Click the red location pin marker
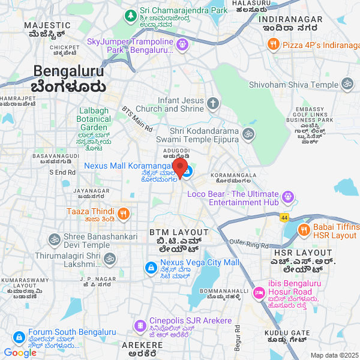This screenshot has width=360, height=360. pos(180,167)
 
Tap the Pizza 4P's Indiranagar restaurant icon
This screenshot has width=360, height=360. pos(273,44)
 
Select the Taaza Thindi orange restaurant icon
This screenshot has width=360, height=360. pos(123,213)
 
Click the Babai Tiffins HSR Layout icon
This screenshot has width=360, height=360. pos(304,229)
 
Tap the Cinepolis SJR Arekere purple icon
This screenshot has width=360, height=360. pos(140,326)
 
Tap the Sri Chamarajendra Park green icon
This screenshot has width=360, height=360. pos(131,14)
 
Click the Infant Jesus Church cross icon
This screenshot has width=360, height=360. pos(213,104)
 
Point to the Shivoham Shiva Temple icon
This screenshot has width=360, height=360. pos(347,85)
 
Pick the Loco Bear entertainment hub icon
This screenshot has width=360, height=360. pos(288,196)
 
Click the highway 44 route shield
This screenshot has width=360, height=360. pos(284,217)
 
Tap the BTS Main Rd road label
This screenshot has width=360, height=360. pos(137,120)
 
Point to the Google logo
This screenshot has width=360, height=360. pos(20,353)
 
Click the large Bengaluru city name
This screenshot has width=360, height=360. pos(69,71)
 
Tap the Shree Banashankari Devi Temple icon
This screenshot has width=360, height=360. pos(53,239)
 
